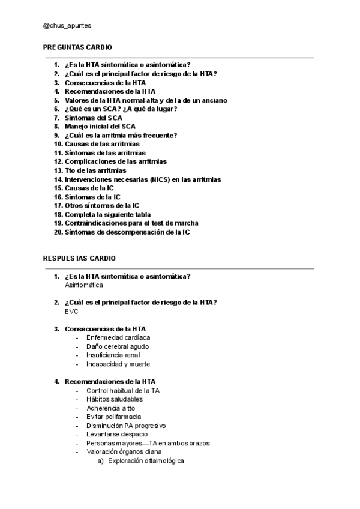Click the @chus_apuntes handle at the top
point(67,26)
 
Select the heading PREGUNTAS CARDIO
point(77,47)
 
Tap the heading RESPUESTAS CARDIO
point(79,258)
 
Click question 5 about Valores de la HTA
point(146,100)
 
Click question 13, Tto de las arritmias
point(95,170)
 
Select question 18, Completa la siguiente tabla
point(107,214)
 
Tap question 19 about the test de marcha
point(131,223)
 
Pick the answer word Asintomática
point(84,285)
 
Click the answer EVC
point(71,312)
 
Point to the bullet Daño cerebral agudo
point(118,346)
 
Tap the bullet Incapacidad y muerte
point(118,364)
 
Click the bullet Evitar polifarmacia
point(114,417)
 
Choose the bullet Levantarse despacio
point(117,434)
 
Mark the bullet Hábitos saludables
point(115,399)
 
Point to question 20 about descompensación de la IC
point(127,232)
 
